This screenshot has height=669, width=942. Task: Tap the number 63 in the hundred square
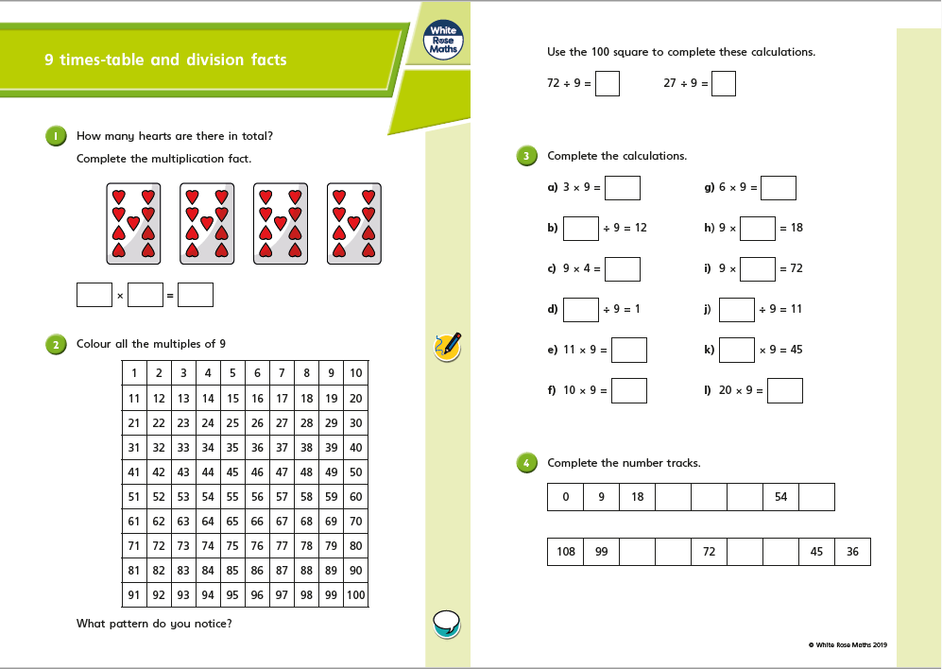click(x=183, y=521)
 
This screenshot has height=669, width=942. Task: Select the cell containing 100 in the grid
click(x=355, y=594)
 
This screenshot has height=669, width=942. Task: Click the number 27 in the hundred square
click(x=282, y=422)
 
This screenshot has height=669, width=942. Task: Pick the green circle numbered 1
click(x=55, y=136)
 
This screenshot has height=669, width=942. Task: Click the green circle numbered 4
click(x=526, y=463)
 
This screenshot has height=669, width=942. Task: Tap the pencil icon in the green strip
click(x=448, y=346)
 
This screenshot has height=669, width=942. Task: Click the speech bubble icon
click(x=446, y=623)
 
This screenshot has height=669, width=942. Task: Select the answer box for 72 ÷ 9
click(x=608, y=84)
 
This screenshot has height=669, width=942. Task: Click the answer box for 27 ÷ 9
click(x=724, y=84)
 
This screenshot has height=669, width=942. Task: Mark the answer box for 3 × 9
click(x=623, y=188)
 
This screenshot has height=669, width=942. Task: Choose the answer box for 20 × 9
click(x=785, y=390)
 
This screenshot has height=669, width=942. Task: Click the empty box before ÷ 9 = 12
click(x=581, y=229)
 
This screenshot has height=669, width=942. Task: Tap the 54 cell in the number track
click(x=780, y=497)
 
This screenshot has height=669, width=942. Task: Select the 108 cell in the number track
click(x=565, y=552)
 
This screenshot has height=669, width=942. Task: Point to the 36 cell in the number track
click(x=852, y=552)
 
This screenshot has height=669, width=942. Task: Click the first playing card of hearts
click(x=133, y=223)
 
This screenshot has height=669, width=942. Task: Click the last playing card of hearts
click(x=354, y=223)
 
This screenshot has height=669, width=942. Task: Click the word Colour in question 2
click(x=94, y=344)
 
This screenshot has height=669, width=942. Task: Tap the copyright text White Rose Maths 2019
click(x=848, y=645)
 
